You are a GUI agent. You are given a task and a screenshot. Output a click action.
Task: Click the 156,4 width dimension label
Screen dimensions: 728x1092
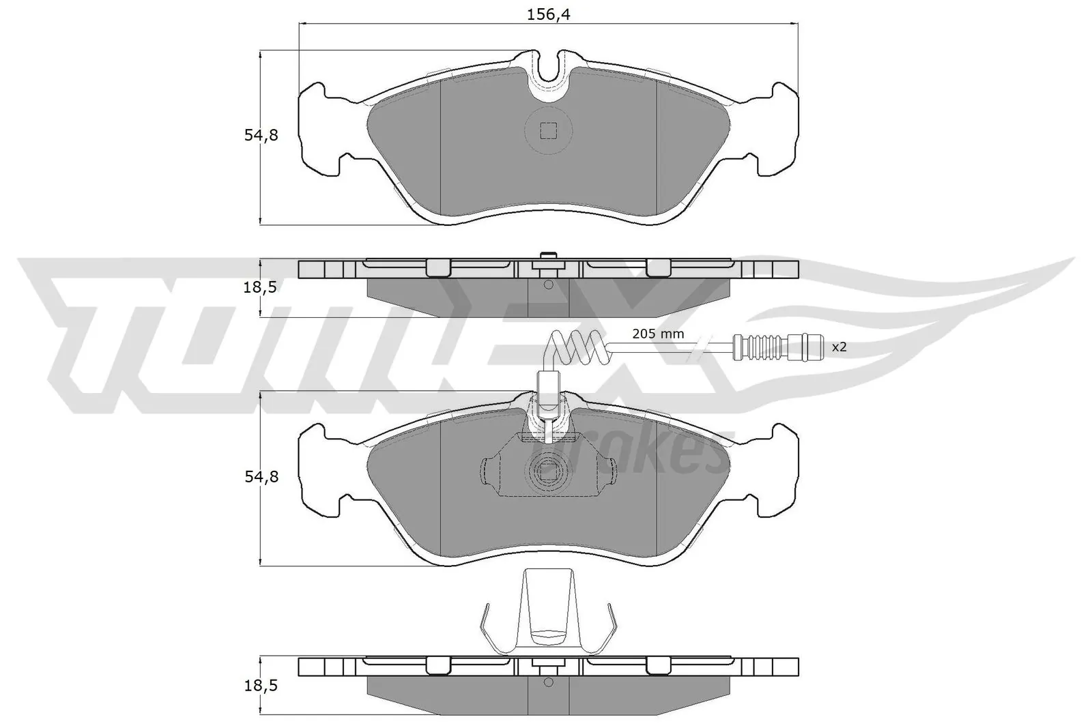click(549, 15)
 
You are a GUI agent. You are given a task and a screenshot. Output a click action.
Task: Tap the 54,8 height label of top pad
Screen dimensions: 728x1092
click(261, 135)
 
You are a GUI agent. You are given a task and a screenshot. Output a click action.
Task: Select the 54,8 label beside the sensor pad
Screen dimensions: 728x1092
click(261, 477)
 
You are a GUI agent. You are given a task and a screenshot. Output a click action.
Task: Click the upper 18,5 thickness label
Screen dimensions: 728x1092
click(259, 287)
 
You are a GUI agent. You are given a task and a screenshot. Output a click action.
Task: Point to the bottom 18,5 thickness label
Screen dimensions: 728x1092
click(259, 685)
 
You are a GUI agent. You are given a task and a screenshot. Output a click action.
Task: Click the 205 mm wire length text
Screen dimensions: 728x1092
click(658, 334)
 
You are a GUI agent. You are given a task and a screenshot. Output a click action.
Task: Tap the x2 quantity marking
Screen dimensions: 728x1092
click(838, 347)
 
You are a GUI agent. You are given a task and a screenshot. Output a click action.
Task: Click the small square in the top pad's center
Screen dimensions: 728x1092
click(548, 130)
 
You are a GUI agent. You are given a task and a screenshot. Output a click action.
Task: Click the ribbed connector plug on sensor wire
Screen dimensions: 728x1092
click(777, 347)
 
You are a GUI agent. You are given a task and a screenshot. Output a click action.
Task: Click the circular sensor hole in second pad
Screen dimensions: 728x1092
click(548, 469)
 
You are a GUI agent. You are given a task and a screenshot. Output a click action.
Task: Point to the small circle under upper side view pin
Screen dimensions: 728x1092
click(548, 285)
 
